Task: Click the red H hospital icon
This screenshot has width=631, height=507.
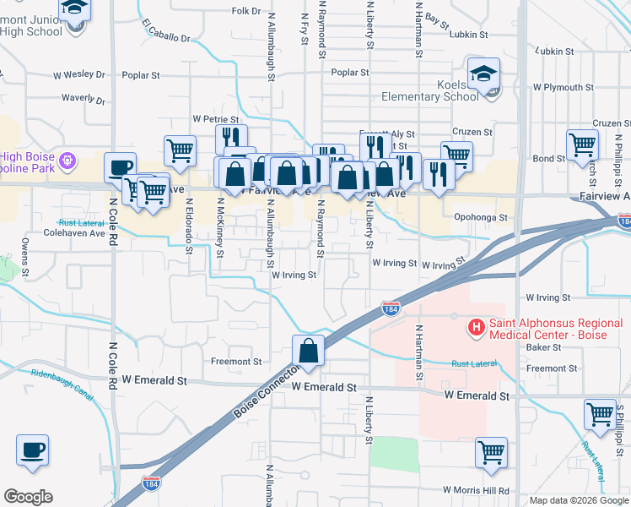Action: coord(477,326)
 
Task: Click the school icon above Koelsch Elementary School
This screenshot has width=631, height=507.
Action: coord(485,74)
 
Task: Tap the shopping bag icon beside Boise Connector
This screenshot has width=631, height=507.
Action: coord(310,351)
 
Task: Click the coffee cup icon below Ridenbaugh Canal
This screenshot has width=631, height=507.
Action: coord(33,450)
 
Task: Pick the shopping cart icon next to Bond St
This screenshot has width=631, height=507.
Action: coord(582,145)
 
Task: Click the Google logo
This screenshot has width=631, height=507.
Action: coord(28,497)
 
